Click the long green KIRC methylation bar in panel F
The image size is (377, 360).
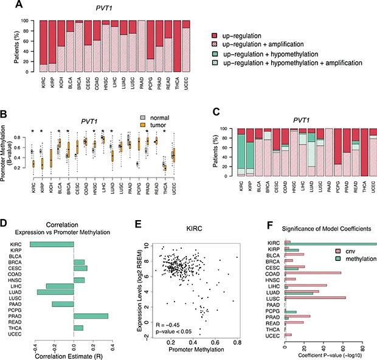331,245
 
